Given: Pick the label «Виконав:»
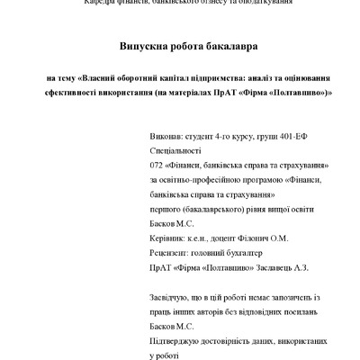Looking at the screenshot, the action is (166, 141).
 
